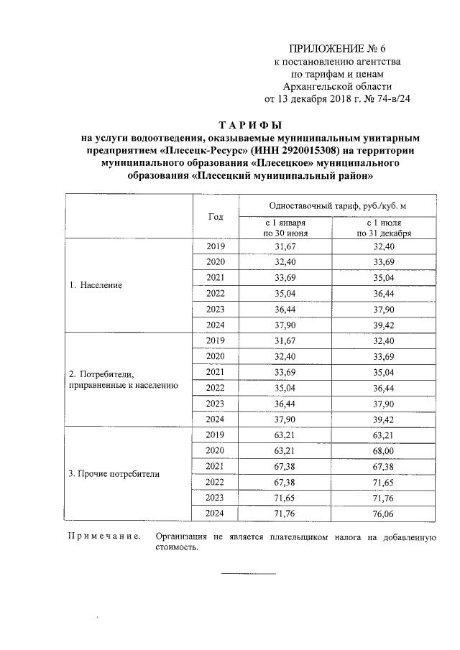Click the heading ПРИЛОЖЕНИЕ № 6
[x=337, y=49]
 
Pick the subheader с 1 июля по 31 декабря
[x=384, y=228]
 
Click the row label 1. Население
[x=96, y=285]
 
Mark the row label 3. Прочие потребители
[x=114, y=474]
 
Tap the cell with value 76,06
[x=384, y=513]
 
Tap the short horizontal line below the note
[x=248, y=573]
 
